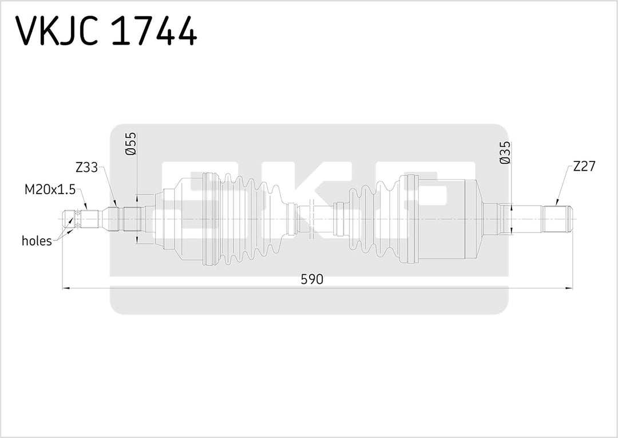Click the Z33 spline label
[x=86, y=168]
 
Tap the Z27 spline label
[x=584, y=167]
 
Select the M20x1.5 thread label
[x=50, y=189]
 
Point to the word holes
[x=37, y=241]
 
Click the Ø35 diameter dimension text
[x=505, y=153]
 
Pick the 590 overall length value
[x=312, y=279]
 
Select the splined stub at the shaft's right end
[x=558, y=218]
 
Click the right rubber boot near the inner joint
[x=372, y=219]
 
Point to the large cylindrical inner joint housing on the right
[x=449, y=219]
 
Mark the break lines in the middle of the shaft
[x=312, y=219]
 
